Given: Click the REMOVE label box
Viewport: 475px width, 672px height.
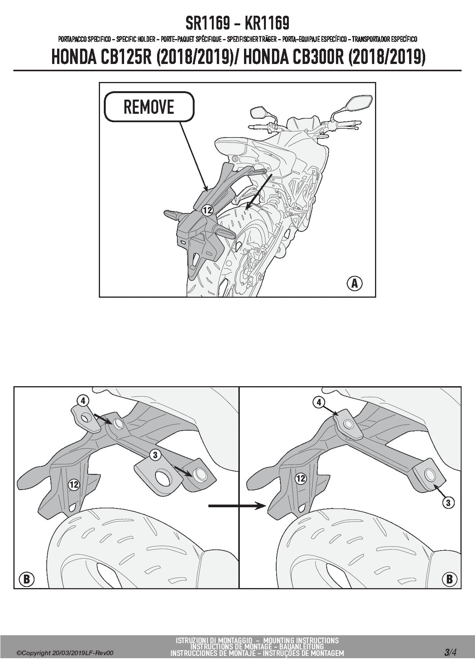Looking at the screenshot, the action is (x=149, y=107).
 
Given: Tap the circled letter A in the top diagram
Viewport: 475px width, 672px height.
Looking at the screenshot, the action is (x=354, y=284).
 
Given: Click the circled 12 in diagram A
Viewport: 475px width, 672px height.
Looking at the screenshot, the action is (x=207, y=210).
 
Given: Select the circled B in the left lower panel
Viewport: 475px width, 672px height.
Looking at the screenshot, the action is (x=26, y=579).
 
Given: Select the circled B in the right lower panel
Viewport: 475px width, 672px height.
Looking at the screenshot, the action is (x=449, y=579).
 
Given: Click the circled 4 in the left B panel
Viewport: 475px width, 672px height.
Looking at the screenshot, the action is (x=83, y=401).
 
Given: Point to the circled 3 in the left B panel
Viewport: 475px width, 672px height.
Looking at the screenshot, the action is (x=155, y=455).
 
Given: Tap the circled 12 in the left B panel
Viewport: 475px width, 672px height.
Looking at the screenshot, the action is (x=74, y=485).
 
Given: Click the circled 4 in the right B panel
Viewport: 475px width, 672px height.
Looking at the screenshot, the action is (x=319, y=402).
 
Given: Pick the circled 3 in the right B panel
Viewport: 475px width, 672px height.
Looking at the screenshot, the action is (x=448, y=502).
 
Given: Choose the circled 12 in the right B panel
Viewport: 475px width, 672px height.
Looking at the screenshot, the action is (x=301, y=478).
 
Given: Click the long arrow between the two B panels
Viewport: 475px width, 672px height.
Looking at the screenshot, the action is (x=237, y=506).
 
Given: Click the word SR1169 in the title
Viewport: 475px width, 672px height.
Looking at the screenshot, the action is (x=208, y=24).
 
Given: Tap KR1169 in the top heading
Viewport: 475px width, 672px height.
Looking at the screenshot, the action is (x=267, y=24).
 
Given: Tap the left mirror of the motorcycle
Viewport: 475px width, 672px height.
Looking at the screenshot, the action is (x=259, y=113).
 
